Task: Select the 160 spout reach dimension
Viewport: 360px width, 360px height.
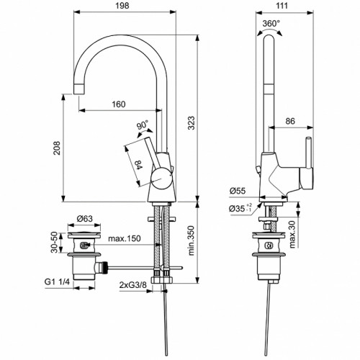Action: [119, 104]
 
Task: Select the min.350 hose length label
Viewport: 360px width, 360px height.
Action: [190, 241]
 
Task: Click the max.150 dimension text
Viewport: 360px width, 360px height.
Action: [125, 238]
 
